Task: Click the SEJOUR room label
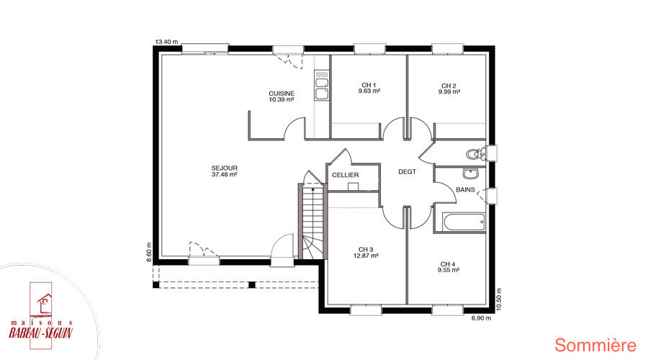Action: [225, 168]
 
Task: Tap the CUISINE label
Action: [282, 94]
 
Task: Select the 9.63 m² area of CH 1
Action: [369, 91]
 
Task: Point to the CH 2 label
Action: [449, 86]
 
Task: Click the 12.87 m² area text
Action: [366, 256]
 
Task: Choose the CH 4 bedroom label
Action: [448, 264]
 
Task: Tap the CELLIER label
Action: [346, 175]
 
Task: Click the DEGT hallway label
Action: [407, 172]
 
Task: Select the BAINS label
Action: [465, 189]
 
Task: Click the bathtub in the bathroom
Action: [464, 222]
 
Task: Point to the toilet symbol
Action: [477, 154]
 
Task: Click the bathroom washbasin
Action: [470, 174]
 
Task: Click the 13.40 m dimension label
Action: [166, 42]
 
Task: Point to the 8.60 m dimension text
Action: [149, 252]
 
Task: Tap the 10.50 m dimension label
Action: [498, 300]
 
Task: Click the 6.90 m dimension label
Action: [482, 318]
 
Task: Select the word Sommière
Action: [595, 346]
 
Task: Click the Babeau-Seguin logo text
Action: [41, 333]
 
